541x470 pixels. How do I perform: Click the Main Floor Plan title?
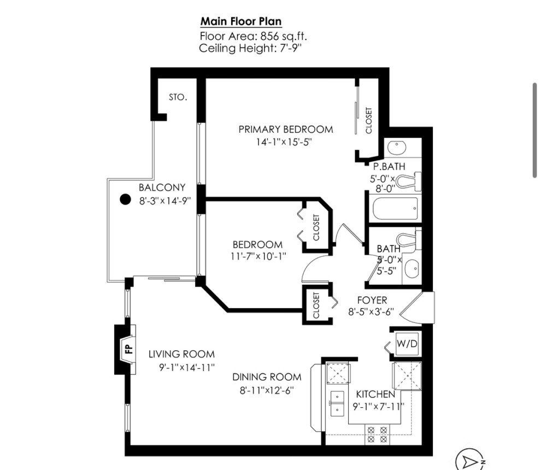tap(241, 22)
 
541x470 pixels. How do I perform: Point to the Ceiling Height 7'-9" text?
tap(251, 49)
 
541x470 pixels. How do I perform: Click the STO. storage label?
tap(178, 98)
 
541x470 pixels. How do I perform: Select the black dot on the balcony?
tap(125, 199)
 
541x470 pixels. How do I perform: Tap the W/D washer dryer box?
tap(407, 344)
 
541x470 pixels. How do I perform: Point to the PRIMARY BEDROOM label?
tap(285, 130)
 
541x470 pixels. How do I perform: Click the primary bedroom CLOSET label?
tap(369, 120)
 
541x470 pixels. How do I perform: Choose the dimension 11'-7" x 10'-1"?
tap(258, 256)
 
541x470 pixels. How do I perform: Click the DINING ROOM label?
tap(267, 377)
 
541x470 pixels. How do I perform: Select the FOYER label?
tap(372, 300)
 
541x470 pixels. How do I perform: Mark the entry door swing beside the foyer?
tap(422, 308)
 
